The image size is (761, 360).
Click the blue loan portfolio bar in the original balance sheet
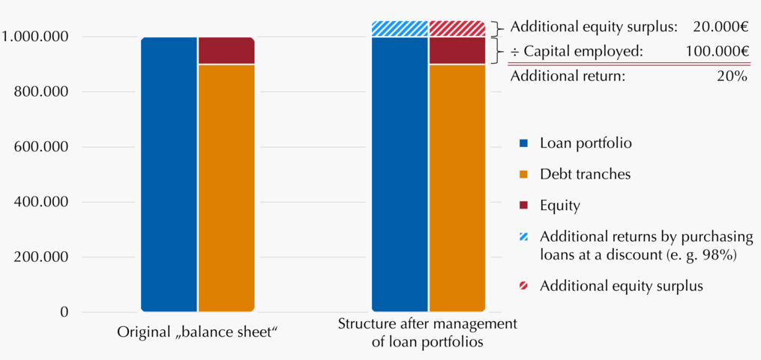point(169,174)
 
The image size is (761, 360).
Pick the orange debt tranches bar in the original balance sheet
point(226,187)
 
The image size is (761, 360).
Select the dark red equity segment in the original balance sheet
point(226,50)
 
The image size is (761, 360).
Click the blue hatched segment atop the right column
point(400,28)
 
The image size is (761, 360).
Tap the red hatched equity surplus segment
point(457,28)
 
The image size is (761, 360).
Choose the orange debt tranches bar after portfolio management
point(457,187)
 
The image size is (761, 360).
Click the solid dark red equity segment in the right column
point(457,50)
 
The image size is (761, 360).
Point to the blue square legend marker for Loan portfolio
point(523,144)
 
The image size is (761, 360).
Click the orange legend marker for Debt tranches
point(523,175)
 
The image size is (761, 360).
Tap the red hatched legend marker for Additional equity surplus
point(523,286)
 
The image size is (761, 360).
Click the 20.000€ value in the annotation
point(720,27)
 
